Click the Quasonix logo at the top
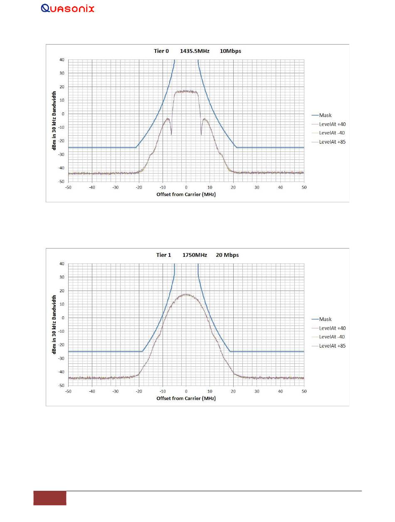coord(68,8)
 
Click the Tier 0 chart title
coord(197,51)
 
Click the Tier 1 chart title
coord(197,255)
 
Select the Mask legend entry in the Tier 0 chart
coord(325,115)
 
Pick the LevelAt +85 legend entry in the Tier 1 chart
coord(332,346)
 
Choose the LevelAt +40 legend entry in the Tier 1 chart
coord(332,328)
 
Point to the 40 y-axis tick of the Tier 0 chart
coord(62,60)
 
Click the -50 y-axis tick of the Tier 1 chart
coord(60,385)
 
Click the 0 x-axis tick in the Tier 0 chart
coord(186,187)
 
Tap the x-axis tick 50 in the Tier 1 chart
coord(304,391)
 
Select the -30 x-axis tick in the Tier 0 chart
coord(116,187)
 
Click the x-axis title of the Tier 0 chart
coord(186,194)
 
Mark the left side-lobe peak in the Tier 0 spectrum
coord(168,119)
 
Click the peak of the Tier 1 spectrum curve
coord(186,294)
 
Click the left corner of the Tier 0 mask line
coord(136,147)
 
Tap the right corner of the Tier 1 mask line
coord(230,351)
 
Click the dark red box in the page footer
coord(50,498)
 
